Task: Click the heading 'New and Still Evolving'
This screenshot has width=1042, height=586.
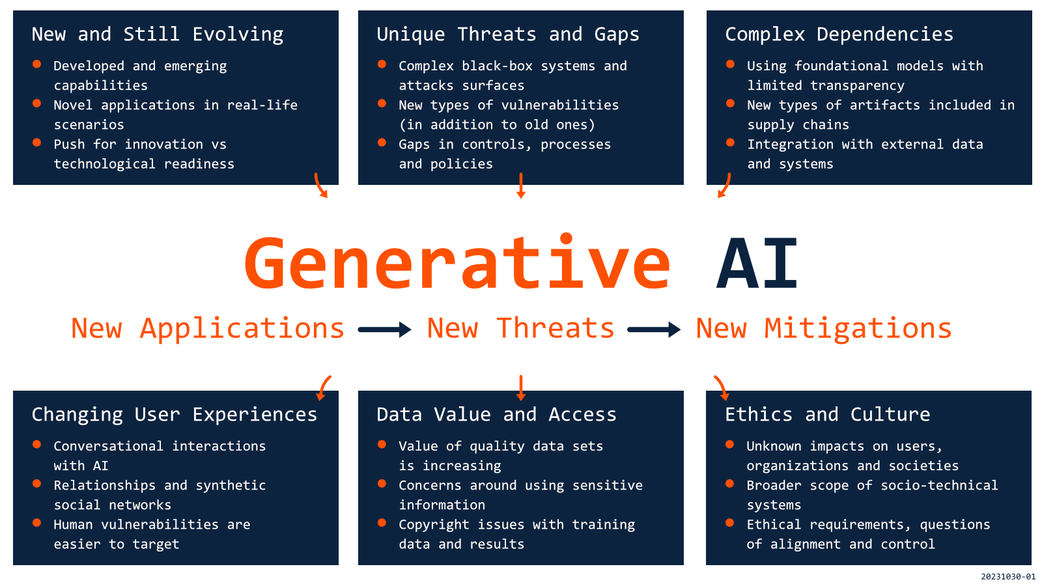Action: point(158,35)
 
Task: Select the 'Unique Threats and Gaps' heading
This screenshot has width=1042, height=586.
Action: point(508,35)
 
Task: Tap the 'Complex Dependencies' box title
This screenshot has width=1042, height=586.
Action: point(839,35)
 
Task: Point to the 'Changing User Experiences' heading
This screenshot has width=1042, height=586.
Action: point(175,415)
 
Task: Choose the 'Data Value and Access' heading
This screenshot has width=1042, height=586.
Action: point(496,415)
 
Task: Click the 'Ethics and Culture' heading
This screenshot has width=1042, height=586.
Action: point(828,415)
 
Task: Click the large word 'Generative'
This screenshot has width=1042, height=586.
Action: point(458,264)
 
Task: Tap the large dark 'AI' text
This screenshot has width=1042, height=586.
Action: point(757,264)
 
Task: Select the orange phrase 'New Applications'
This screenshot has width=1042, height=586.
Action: point(208,329)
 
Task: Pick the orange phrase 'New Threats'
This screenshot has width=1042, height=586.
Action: point(520,329)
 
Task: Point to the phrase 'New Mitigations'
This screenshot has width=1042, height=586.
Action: point(824,329)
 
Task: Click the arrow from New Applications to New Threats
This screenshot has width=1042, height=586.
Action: point(385,330)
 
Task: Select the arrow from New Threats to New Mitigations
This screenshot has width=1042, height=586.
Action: point(654,330)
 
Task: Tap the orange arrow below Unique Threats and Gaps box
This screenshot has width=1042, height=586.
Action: point(520,186)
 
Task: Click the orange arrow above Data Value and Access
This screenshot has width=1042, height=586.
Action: point(520,387)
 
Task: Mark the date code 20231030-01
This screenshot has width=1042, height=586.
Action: point(1008,577)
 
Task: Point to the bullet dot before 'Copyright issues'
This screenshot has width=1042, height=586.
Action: point(382,522)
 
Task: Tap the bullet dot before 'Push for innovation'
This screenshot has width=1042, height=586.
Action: point(37,142)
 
